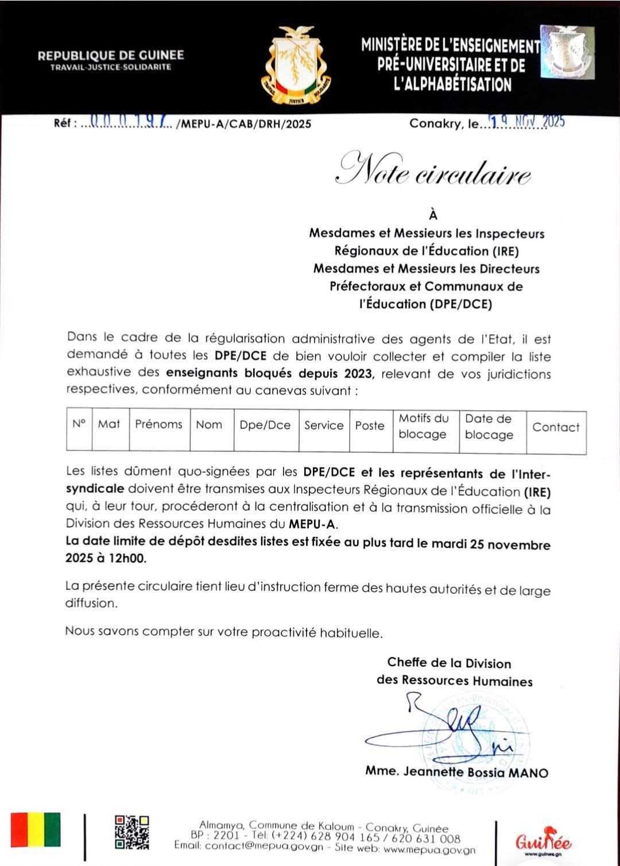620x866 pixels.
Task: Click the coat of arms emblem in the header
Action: (296, 65)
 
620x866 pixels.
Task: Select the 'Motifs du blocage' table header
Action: (423, 427)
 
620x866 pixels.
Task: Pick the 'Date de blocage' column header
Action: (489, 427)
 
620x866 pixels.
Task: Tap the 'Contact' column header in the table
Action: (556, 427)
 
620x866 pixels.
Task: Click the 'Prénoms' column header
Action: (158, 425)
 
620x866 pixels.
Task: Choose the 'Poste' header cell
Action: (369, 426)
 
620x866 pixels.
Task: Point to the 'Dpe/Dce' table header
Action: (265, 426)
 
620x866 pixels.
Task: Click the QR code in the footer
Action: (131, 832)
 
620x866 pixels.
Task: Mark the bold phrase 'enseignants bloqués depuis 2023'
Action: (270, 373)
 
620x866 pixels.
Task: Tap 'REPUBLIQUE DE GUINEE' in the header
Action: (111, 56)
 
